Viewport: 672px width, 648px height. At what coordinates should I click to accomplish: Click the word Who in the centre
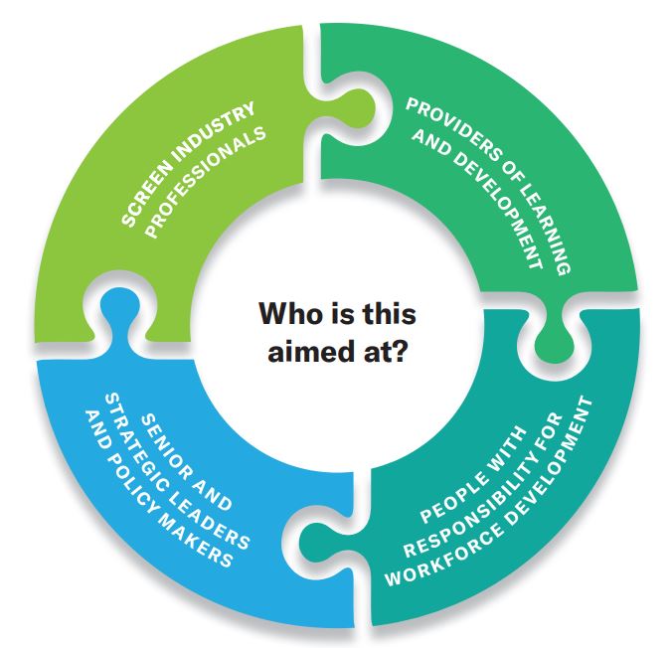tap(288, 315)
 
